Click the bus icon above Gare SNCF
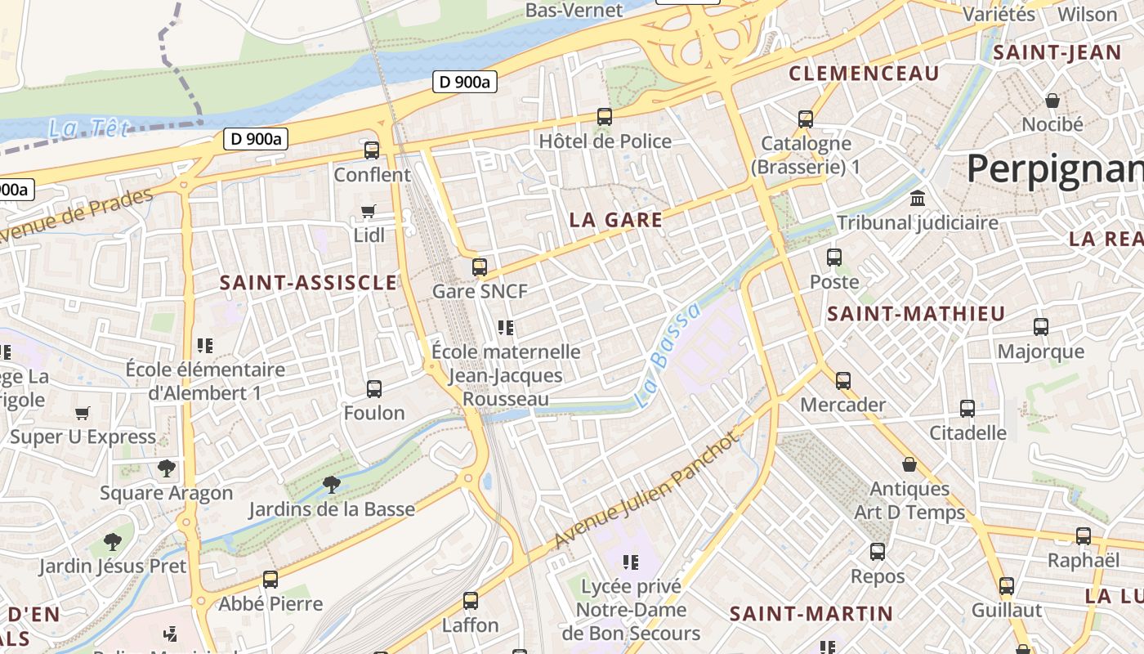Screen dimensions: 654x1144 tap(480, 267)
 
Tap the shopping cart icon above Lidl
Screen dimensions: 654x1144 tap(369, 212)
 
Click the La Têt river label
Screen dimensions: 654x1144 tap(89, 129)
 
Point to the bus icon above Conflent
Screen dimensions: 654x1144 tap(372, 150)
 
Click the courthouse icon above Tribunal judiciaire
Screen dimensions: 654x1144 tap(918, 199)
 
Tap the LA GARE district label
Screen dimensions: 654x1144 tap(615, 220)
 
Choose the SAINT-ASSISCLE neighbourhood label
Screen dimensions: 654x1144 tap(308, 284)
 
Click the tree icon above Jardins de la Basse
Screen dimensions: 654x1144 tap(331, 485)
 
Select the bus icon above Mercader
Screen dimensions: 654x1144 tap(843, 381)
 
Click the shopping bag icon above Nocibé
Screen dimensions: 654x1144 tap(1052, 101)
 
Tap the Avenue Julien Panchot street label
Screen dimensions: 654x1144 tap(646, 490)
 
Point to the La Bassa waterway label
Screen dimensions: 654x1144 tap(668, 356)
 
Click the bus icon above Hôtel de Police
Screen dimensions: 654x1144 tap(605, 117)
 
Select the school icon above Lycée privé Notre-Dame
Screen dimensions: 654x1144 tap(630, 562)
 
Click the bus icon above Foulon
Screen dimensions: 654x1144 tap(374, 389)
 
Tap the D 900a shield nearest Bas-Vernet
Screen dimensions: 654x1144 tap(464, 82)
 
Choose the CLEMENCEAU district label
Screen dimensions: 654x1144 tap(864, 74)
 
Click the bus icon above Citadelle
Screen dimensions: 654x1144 tap(967, 409)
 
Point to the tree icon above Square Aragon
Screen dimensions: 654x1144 tap(167, 468)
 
